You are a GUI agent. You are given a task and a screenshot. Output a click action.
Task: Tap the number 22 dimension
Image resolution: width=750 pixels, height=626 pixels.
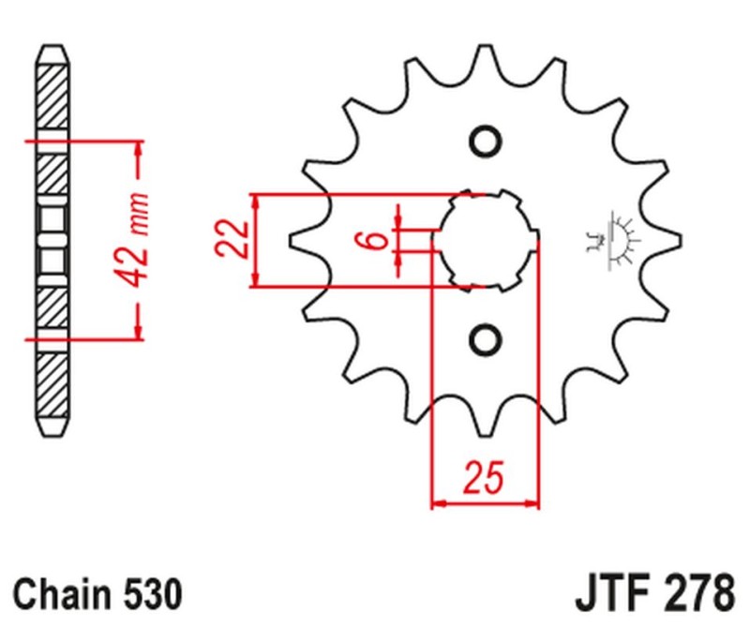(230, 240)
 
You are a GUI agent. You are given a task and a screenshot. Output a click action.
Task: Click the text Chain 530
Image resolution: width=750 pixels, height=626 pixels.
(97, 594)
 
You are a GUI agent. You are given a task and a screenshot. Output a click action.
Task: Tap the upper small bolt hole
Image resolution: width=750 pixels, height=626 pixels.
(485, 142)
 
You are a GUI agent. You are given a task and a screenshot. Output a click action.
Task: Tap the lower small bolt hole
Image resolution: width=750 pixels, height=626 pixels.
(485, 338)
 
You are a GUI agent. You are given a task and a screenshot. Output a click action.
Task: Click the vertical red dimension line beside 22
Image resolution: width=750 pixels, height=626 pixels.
(255, 240)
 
